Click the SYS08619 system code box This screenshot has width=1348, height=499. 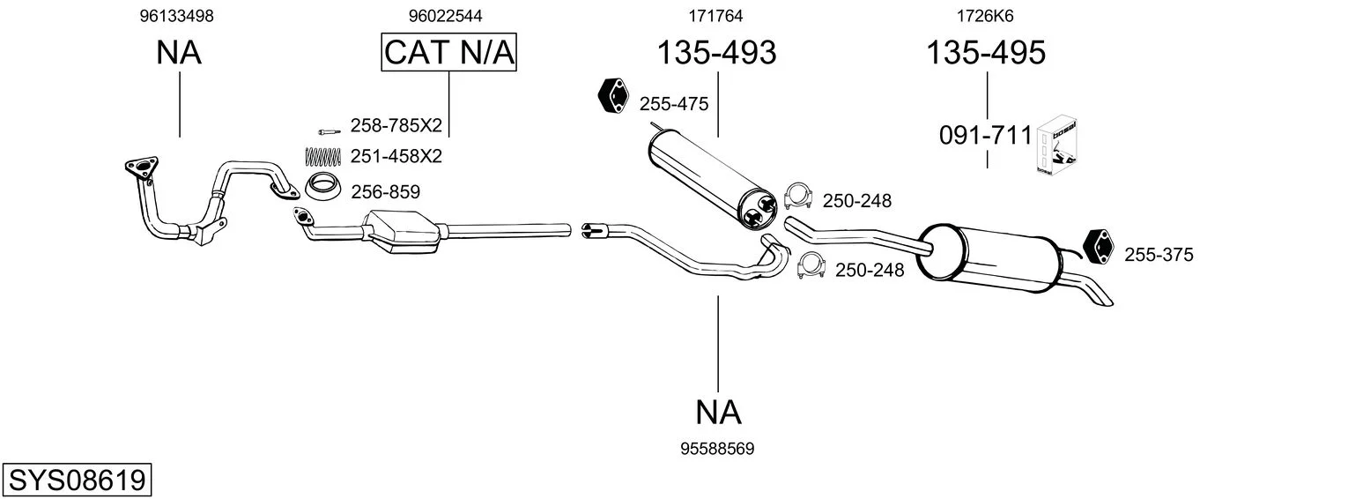click(77, 480)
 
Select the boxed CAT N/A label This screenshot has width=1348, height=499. click(449, 52)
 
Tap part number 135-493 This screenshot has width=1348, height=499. click(716, 52)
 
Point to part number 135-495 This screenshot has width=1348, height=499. click(986, 52)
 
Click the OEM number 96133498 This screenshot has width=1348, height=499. click(176, 16)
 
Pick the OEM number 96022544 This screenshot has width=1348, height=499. click(445, 16)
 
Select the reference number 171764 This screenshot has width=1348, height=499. click(715, 16)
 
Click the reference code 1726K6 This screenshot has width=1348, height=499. click(985, 16)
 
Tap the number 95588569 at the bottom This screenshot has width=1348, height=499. click(717, 449)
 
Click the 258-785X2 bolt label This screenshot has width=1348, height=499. click(396, 125)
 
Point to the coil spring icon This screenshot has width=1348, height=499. click(323, 157)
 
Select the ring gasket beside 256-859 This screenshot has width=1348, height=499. click(322, 186)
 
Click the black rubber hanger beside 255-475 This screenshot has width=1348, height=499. click(612, 95)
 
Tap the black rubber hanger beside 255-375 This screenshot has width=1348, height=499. click(1098, 247)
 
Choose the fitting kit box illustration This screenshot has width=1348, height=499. click(1056, 146)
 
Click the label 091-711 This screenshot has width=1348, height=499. click(985, 136)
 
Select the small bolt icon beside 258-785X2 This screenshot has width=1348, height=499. click(329, 131)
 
